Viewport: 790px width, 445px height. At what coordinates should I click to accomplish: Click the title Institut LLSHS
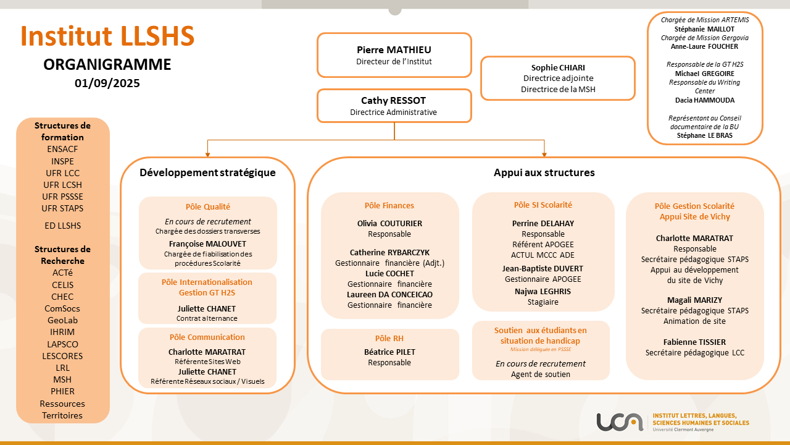[107, 36]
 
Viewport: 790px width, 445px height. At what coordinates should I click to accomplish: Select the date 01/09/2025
[107, 83]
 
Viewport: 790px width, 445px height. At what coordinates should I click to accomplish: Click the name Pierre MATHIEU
[394, 50]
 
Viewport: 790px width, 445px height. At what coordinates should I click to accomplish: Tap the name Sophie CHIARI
[558, 68]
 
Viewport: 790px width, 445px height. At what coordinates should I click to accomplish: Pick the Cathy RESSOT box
[394, 106]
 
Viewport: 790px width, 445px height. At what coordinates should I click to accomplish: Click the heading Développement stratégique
[207, 172]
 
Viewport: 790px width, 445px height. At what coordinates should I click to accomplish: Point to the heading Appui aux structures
[544, 172]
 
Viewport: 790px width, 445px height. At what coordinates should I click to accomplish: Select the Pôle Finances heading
[389, 206]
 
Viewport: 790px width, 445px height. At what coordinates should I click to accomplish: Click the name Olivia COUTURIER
[389, 224]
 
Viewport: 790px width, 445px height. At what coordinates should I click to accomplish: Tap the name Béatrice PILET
[389, 352]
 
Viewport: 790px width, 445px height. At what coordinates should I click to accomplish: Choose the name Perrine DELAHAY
[543, 224]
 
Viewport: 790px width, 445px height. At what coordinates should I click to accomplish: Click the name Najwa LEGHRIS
[543, 292]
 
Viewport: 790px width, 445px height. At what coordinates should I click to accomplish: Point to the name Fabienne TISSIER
[694, 342]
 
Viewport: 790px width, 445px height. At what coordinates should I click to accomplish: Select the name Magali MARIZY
[694, 300]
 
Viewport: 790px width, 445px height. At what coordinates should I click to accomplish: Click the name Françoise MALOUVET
[207, 244]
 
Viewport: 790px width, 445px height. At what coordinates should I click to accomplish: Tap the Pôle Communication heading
[207, 337]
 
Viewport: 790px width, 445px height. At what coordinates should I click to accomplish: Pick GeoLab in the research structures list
[62, 320]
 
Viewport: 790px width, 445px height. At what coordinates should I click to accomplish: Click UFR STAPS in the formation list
[62, 208]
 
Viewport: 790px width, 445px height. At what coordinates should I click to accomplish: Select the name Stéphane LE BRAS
[705, 135]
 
